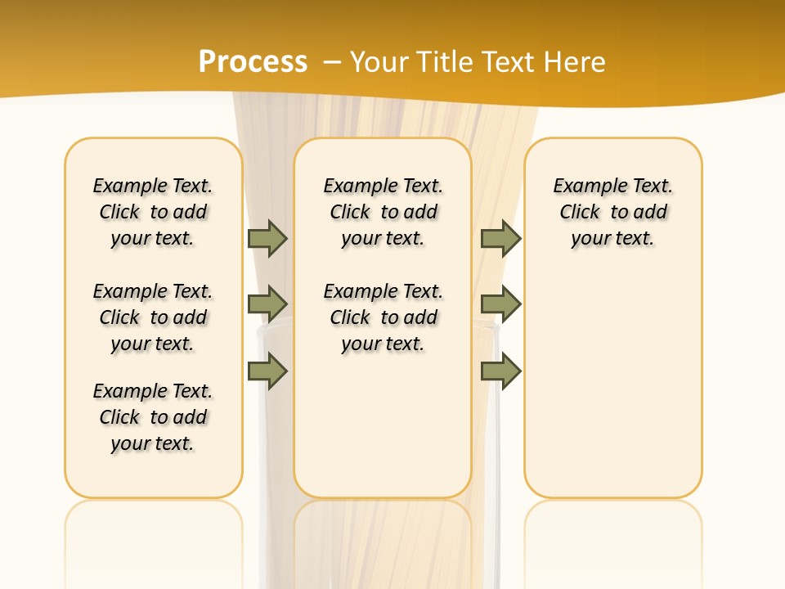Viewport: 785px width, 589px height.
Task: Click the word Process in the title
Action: (253, 62)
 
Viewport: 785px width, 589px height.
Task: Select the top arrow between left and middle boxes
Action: (267, 238)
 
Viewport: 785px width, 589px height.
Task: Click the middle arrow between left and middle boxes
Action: (267, 304)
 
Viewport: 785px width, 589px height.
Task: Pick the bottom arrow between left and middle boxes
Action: (267, 371)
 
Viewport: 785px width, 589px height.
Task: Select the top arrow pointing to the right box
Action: (500, 238)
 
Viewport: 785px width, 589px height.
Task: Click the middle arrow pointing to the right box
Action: (500, 304)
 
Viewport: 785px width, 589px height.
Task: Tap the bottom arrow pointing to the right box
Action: (500, 371)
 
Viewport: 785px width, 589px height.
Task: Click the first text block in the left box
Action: (153, 212)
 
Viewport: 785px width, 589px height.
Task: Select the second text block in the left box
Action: (153, 317)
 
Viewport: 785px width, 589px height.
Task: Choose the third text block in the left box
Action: (153, 417)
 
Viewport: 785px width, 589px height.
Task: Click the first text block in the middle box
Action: (384, 212)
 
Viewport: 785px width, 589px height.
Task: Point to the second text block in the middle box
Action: (384, 317)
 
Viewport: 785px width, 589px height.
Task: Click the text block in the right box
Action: (613, 212)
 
